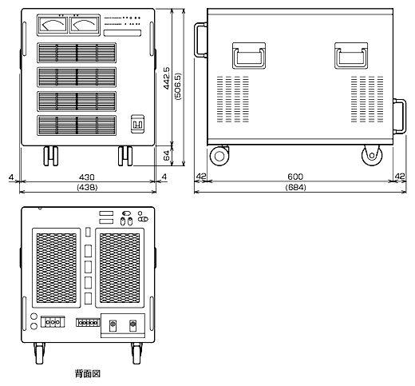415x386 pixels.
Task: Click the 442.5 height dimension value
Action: [x=167, y=78]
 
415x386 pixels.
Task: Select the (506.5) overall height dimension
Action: [x=178, y=86]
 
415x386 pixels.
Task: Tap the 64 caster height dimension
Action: [x=167, y=156]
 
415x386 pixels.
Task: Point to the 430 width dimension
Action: [x=87, y=177]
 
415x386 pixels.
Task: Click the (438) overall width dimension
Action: [x=87, y=188]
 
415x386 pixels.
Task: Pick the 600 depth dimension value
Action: [x=295, y=177]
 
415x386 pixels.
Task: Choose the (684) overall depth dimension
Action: [x=295, y=188]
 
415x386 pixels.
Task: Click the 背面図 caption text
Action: [x=88, y=373]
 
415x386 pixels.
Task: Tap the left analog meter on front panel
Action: [x=53, y=25]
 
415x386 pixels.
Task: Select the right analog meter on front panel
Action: [x=85, y=25]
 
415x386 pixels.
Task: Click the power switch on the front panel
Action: [x=137, y=124]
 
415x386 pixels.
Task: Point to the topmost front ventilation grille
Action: [x=77, y=53]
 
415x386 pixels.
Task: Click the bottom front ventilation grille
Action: [x=77, y=125]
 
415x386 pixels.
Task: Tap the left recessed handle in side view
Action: [x=249, y=56]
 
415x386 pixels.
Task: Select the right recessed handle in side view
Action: [x=351, y=56]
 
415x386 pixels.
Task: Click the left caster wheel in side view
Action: [x=219, y=156]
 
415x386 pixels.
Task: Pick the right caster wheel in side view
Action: [x=372, y=155]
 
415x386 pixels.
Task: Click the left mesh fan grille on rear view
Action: [x=57, y=268]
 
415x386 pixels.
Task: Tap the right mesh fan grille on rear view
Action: [x=120, y=268]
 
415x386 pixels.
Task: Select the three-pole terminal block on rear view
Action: [x=53, y=322]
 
